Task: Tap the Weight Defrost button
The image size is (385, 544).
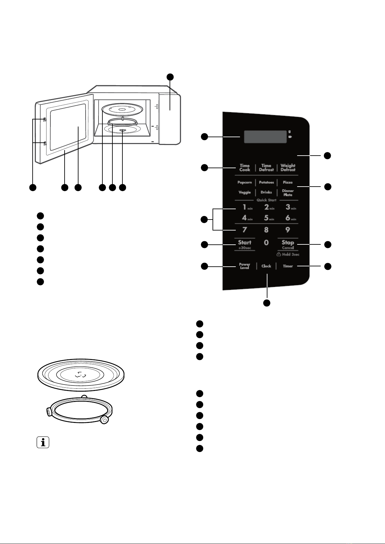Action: (288, 168)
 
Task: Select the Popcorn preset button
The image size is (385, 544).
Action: (245, 182)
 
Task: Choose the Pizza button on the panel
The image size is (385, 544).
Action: (287, 182)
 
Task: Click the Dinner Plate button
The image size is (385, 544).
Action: (288, 193)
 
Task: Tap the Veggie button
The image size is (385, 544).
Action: (245, 192)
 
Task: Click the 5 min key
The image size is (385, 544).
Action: (269, 218)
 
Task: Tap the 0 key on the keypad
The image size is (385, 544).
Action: (266, 242)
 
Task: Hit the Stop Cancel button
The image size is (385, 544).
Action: (288, 244)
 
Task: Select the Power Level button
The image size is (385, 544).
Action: (245, 266)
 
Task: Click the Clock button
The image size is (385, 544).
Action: (266, 266)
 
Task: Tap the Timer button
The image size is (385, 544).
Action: (288, 266)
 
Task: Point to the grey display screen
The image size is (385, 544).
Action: (265, 137)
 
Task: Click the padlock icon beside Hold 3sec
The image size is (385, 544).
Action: (279, 254)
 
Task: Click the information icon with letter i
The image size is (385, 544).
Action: (43, 442)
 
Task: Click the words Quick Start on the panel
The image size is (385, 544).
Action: (266, 200)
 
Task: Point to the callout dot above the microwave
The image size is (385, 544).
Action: (170, 77)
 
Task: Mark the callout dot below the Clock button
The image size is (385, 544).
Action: (267, 303)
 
